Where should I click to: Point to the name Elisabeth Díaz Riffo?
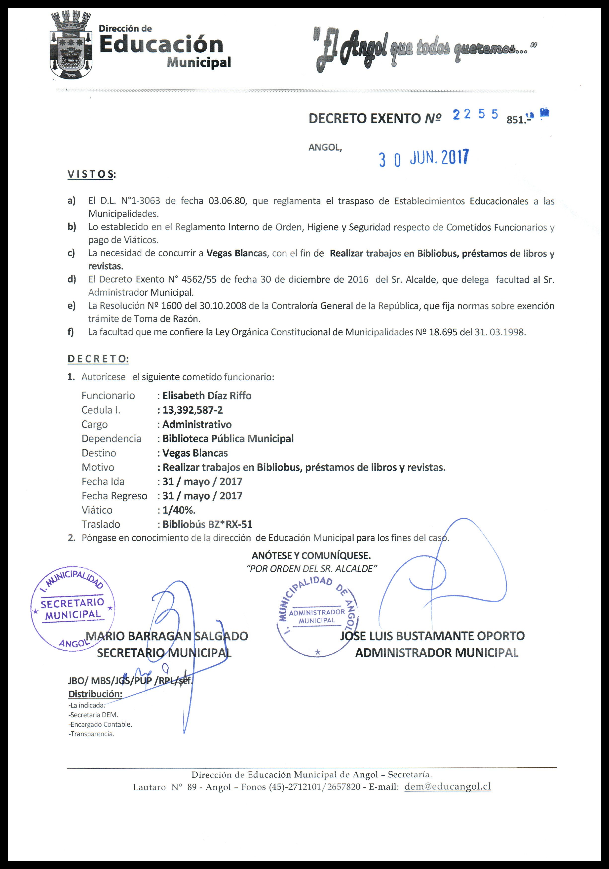coord(207,395)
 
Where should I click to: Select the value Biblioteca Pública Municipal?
coord(228,439)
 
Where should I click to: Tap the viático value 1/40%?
coord(179,510)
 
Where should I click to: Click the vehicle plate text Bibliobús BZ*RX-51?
coord(207,525)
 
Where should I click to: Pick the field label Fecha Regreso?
coord(114,496)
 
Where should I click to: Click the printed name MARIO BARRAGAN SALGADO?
coord(167,636)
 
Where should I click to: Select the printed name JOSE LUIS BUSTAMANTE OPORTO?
coord(432,636)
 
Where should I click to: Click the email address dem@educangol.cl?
coord(447,787)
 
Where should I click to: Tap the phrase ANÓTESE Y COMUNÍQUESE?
coord(311,556)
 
